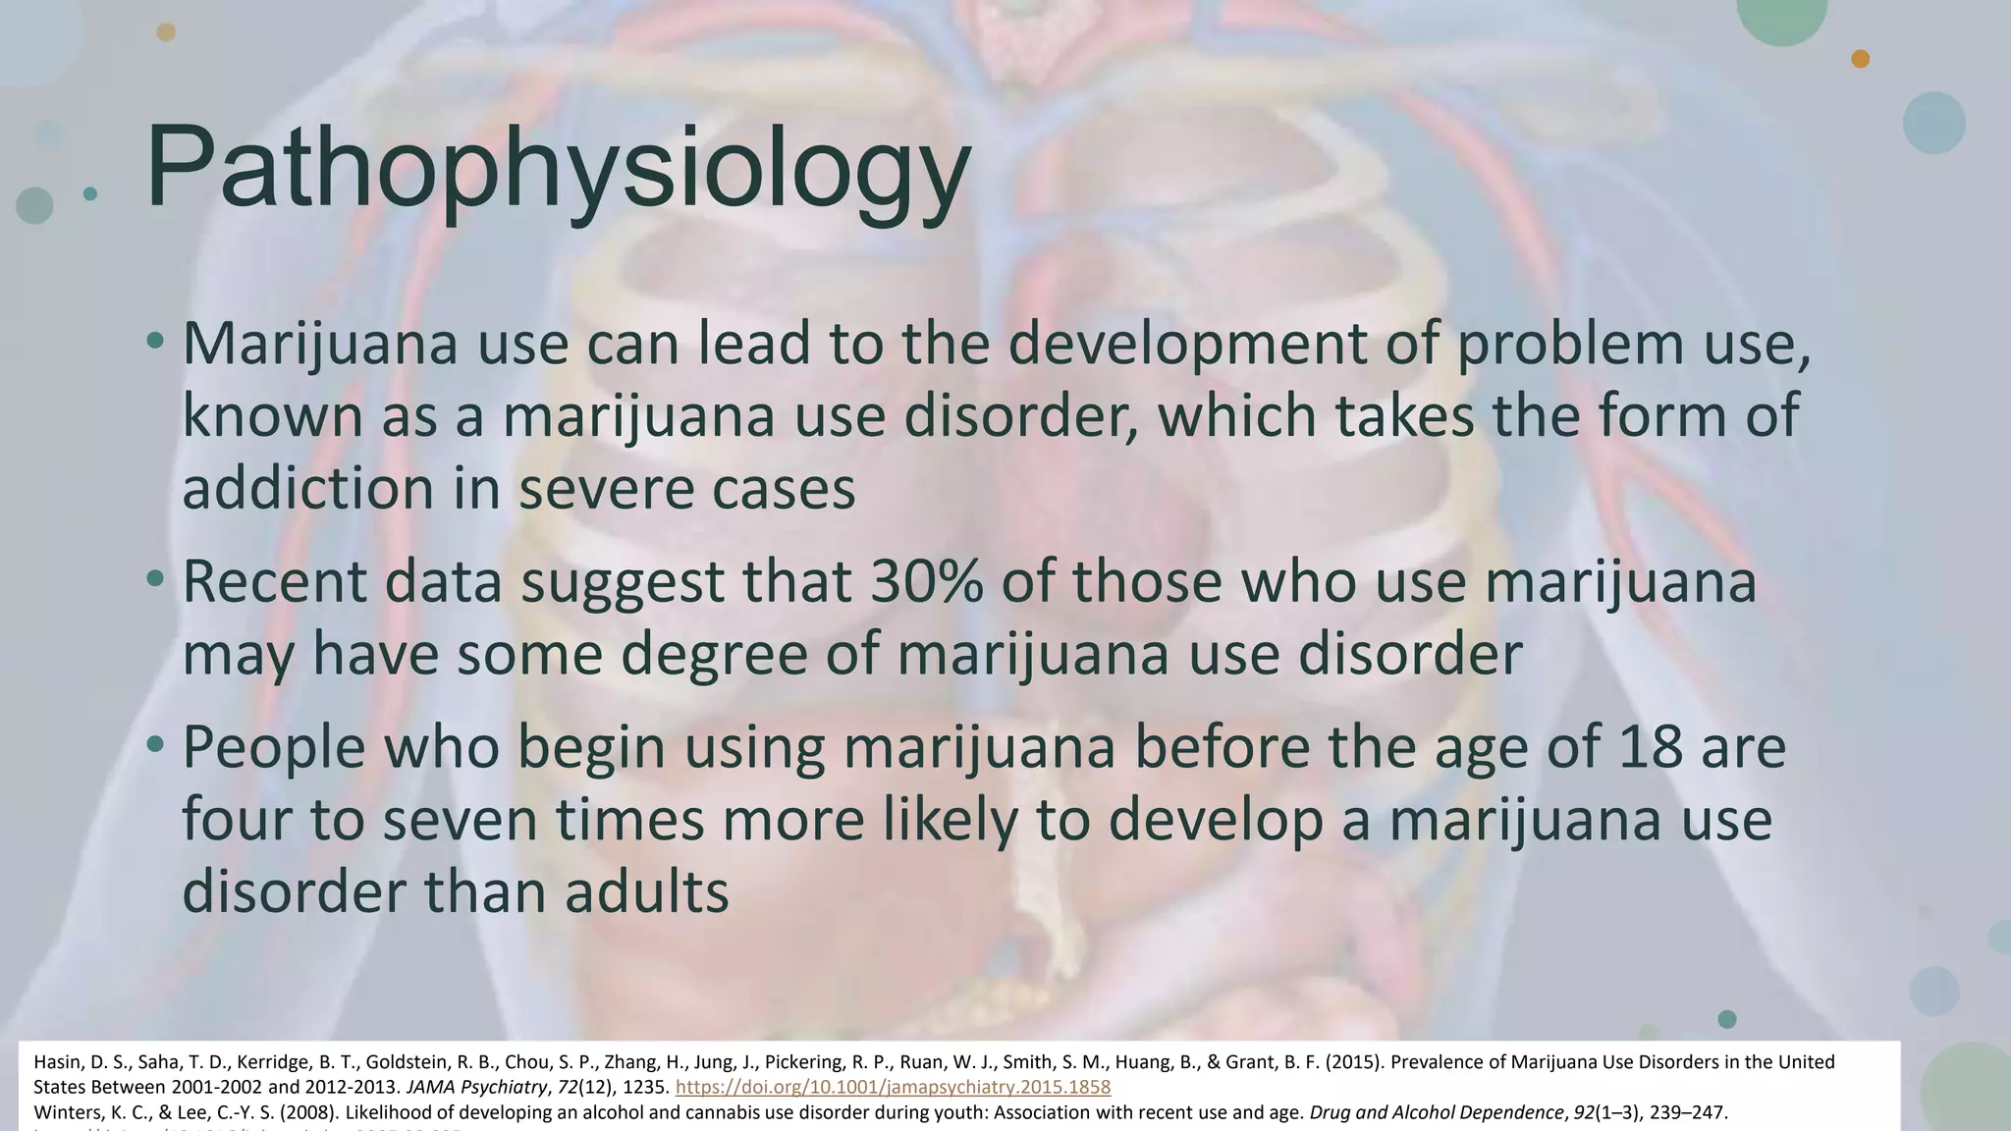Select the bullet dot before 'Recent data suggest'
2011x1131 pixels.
click(155, 580)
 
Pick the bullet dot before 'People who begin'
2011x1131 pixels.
click(155, 745)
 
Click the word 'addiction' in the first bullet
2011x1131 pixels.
click(308, 488)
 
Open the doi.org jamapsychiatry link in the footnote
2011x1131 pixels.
click(894, 1087)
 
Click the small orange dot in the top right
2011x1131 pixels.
click(1860, 59)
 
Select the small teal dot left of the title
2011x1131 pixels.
click(90, 193)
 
